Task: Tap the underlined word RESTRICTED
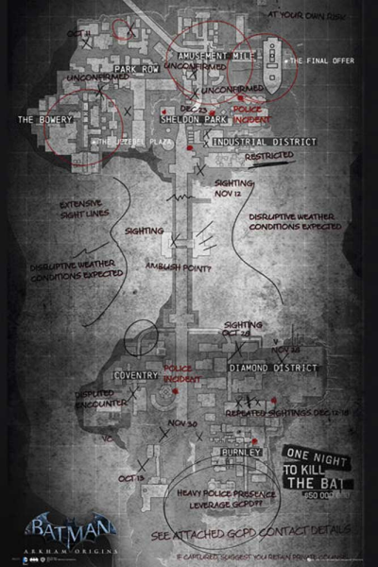tap(268, 158)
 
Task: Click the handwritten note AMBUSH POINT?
tap(177, 266)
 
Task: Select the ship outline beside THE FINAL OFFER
tap(271, 65)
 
